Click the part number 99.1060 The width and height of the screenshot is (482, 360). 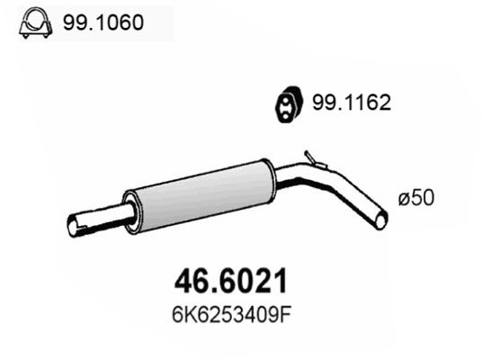click(x=103, y=22)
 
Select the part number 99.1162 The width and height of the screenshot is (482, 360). click(x=352, y=103)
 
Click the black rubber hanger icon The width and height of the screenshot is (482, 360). click(x=289, y=104)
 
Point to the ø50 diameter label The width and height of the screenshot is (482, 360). click(x=416, y=197)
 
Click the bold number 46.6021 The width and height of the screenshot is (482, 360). click(x=230, y=281)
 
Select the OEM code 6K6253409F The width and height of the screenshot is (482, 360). click(x=231, y=315)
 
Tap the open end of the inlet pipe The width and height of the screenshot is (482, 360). click(x=72, y=226)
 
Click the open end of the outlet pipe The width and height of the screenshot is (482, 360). click(x=381, y=220)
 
